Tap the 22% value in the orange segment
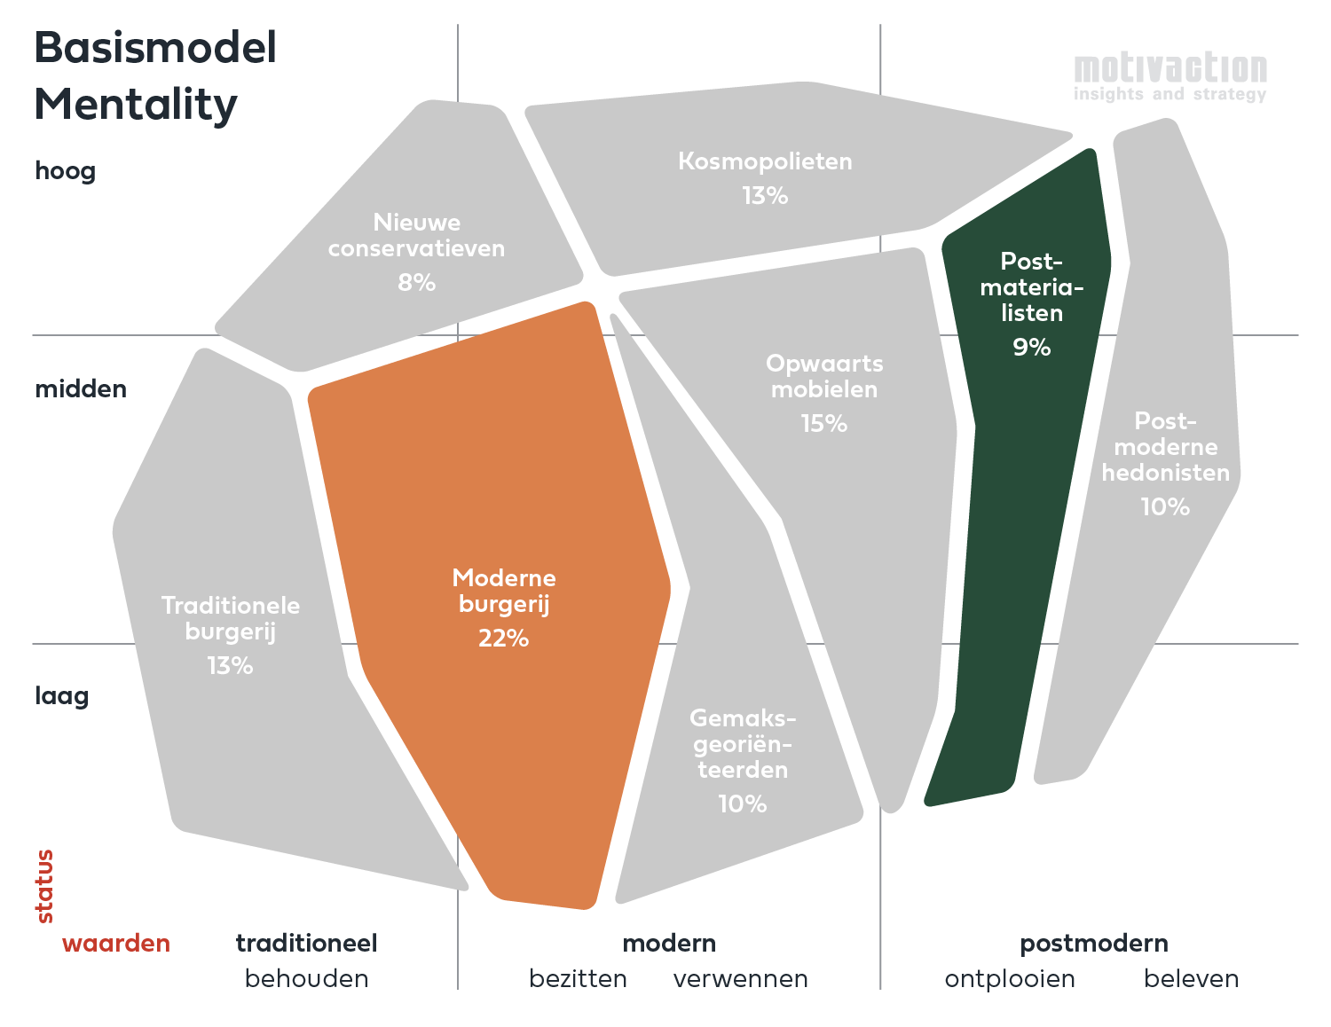coord(503,639)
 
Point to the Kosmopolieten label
coord(765,161)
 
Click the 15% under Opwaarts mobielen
coord(823,424)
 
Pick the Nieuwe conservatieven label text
coord(416,235)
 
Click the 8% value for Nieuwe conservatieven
coord(416,283)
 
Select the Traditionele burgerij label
coord(231,618)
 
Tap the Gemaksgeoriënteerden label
coord(743,743)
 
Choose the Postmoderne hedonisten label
coord(1165,447)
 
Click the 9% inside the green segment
coord(1031,348)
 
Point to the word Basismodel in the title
coord(155,48)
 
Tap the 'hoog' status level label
coord(65,170)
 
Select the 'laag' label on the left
coord(62,695)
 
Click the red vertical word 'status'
coord(44,886)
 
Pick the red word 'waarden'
coord(116,944)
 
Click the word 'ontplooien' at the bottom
coord(1010,979)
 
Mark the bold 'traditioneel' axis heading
coord(306,944)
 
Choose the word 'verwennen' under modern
coord(740,979)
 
